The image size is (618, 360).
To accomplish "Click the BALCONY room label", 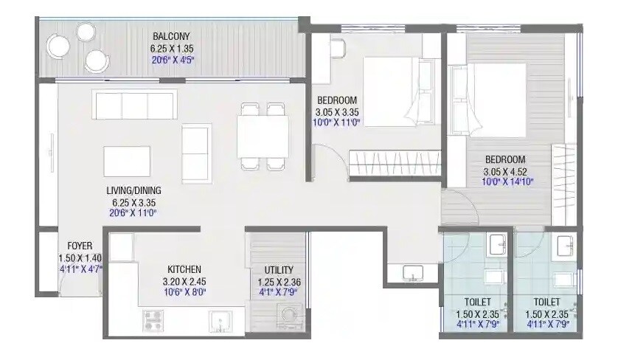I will pos(171,36).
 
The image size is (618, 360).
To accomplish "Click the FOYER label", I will pos(79,246).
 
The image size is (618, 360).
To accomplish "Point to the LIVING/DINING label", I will pos(133,190).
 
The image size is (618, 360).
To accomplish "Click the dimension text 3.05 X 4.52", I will pos(504,171).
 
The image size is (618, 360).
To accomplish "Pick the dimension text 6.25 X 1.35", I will pos(171,49).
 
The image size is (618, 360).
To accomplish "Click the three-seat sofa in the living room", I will pos(135,105).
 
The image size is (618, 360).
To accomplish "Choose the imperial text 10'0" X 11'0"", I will pos(336,124).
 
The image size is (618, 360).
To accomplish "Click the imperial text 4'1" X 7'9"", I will pos(276,293).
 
